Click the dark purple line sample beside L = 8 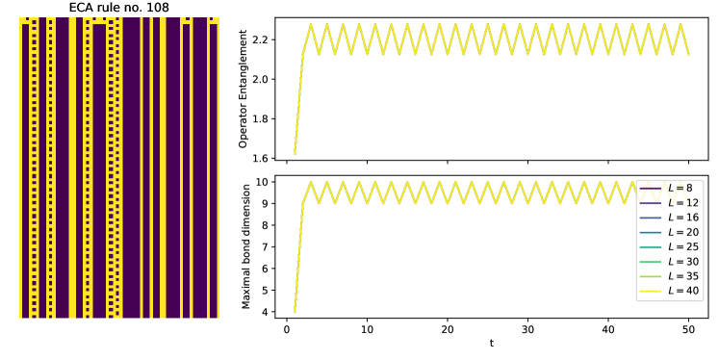651,188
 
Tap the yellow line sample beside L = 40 651,291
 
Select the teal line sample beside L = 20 651,232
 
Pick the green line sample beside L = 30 651,262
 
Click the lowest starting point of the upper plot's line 295,153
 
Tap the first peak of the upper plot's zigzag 310,25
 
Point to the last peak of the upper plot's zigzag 680,25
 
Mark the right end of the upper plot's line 688,54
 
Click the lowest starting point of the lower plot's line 295,311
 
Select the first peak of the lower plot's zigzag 310,182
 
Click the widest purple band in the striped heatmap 130,168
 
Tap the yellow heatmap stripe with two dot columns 112,168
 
